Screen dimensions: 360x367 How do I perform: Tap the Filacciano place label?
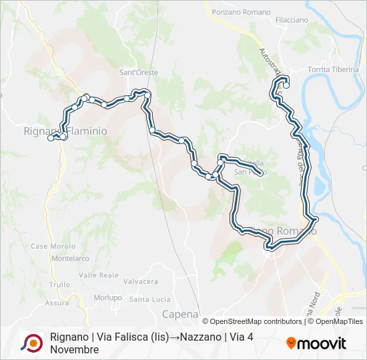pos(292,21)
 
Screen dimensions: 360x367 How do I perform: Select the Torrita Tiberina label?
pos(334,70)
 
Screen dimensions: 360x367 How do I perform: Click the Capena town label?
pos(181,314)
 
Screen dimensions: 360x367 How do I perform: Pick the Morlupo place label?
pos(108,297)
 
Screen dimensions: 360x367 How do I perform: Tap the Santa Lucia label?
pos(149,299)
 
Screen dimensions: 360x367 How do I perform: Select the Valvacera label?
pos(141,282)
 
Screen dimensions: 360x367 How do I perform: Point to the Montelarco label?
pos(70,258)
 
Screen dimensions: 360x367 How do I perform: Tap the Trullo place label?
pos(59,285)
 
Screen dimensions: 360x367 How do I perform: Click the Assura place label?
pos(56,303)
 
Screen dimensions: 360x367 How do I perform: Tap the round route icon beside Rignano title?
pos(31,343)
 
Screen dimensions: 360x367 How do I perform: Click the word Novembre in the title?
pos(74,349)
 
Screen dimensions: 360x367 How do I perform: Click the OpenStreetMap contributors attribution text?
pos(252,321)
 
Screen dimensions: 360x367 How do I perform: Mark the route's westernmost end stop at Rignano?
pos(50,139)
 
